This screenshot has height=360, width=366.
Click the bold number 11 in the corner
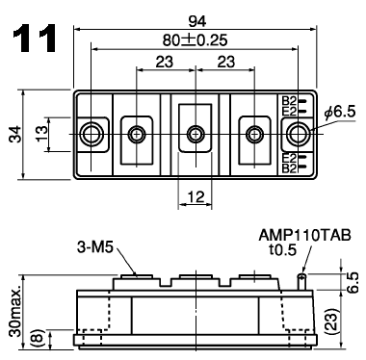click(35, 39)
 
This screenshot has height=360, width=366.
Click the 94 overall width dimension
click(196, 21)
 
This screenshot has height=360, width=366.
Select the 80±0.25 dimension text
click(195, 40)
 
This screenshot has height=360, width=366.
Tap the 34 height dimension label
click(15, 135)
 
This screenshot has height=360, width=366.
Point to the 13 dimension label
click(41, 134)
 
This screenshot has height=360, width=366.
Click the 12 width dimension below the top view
click(196, 196)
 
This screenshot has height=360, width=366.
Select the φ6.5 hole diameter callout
click(340, 113)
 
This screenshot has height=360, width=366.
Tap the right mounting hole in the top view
click(299, 134)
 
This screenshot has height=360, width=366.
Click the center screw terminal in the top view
click(196, 134)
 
